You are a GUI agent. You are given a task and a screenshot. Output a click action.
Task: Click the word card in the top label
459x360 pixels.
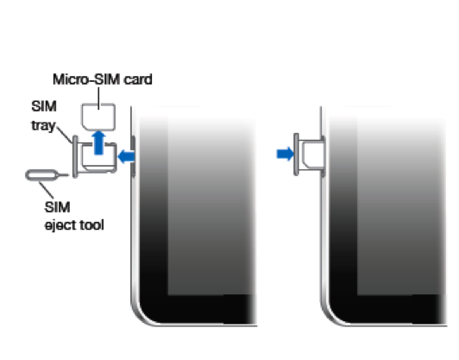pos(138,79)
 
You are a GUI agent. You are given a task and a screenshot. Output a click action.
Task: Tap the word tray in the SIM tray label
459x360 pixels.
pos(43,125)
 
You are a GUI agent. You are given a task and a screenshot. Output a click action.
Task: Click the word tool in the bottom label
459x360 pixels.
pos(92,224)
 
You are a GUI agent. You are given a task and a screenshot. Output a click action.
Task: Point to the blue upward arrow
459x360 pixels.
pos(98,142)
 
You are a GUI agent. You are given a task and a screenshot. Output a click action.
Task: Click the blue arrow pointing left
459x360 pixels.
pos(126,157)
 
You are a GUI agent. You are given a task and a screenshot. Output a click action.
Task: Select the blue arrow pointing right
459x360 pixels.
pos(285,154)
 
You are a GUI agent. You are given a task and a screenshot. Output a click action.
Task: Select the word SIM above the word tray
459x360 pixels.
pos(44,106)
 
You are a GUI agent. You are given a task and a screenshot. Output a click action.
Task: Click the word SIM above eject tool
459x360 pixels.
pos(57,207)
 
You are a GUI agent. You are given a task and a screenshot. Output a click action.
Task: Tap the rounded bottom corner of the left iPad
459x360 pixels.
pos(141,314)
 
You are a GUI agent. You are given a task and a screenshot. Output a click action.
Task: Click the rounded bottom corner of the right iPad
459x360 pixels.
pos(331,314)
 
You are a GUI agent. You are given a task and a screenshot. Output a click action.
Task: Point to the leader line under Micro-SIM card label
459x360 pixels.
pos(98,98)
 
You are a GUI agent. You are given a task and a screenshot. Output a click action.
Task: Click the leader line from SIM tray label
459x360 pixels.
pos(65,135)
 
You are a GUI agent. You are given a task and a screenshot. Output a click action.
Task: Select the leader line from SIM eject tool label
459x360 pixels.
pos(47,190)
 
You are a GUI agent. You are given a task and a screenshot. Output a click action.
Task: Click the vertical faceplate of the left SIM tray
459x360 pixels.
pos(75,157)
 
